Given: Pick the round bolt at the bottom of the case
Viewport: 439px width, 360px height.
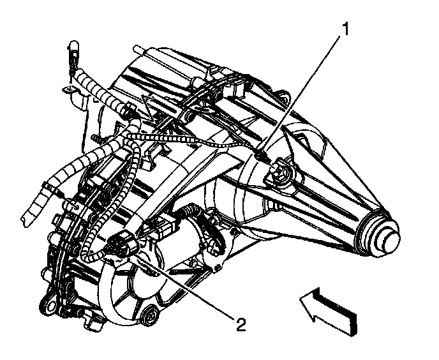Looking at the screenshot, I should (151, 315).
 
